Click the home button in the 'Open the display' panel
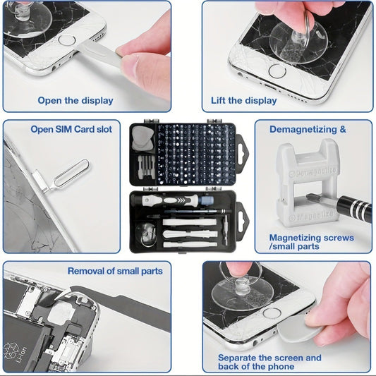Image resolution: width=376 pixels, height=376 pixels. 67,40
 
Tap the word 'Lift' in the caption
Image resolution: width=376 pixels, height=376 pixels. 220,100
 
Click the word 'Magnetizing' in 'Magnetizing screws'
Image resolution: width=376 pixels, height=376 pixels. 296,238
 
